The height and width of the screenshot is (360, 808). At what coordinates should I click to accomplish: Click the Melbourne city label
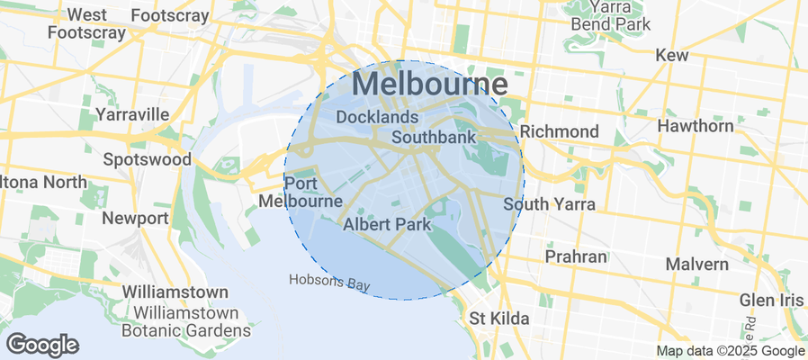430,85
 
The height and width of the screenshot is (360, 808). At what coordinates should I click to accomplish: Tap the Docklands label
377,117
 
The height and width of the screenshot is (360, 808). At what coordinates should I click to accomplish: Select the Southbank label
434,138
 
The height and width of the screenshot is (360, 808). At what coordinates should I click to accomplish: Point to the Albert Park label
387,223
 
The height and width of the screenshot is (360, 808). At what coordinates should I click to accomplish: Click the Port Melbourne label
300,192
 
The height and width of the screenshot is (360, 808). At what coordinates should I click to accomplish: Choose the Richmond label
560,131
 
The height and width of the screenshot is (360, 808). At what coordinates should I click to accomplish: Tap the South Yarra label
549,204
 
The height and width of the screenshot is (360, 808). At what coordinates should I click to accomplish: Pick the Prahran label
576,256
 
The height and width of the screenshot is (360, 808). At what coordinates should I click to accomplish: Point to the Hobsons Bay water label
329,282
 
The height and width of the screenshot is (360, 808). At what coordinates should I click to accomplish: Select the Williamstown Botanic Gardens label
186,322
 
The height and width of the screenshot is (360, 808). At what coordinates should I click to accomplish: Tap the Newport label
135,218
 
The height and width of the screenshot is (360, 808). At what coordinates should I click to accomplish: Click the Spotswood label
148,159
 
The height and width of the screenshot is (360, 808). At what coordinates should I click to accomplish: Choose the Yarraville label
132,114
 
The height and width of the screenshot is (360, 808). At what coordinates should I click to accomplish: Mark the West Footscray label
86,23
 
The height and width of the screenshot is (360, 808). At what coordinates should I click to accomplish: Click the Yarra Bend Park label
610,15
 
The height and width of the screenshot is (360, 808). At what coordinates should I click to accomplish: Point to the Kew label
671,55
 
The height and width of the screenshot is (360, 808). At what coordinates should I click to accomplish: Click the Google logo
42,344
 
